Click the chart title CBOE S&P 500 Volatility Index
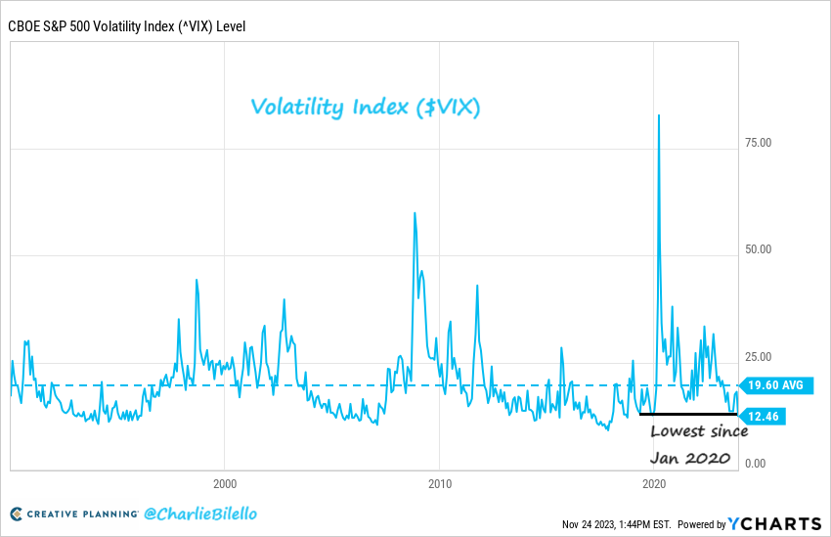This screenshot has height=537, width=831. (127, 25)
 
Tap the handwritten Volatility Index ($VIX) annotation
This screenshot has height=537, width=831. (365, 107)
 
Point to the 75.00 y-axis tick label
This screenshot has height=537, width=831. (758, 143)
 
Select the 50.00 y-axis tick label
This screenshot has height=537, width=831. (758, 249)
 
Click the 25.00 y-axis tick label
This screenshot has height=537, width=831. (758, 357)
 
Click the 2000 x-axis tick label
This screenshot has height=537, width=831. (225, 483)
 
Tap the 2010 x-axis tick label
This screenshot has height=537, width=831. (439, 483)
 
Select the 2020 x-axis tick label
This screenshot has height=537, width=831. (654, 483)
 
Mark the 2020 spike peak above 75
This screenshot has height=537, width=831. (659, 115)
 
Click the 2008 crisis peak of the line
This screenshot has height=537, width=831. (415, 213)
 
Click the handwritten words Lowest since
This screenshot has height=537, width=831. (699, 432)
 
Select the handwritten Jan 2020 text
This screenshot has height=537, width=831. (690, 458)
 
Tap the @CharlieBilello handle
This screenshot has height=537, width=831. (200, 514)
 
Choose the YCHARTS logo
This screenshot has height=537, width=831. (772, 523)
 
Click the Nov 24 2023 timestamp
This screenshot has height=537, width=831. (615, 524)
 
